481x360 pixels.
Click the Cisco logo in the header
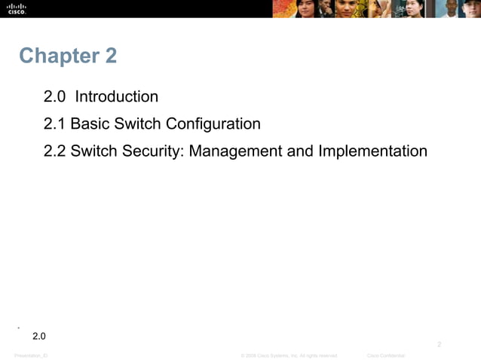17,8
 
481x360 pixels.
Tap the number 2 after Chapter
110,56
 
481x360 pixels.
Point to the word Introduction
117,96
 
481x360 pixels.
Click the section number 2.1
55,124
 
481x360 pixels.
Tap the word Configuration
213,124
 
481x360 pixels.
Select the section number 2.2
55,151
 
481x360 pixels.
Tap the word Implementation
372,151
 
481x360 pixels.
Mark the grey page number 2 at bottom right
440,344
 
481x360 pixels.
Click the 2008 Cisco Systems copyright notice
289,355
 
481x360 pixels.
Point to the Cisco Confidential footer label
385,355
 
